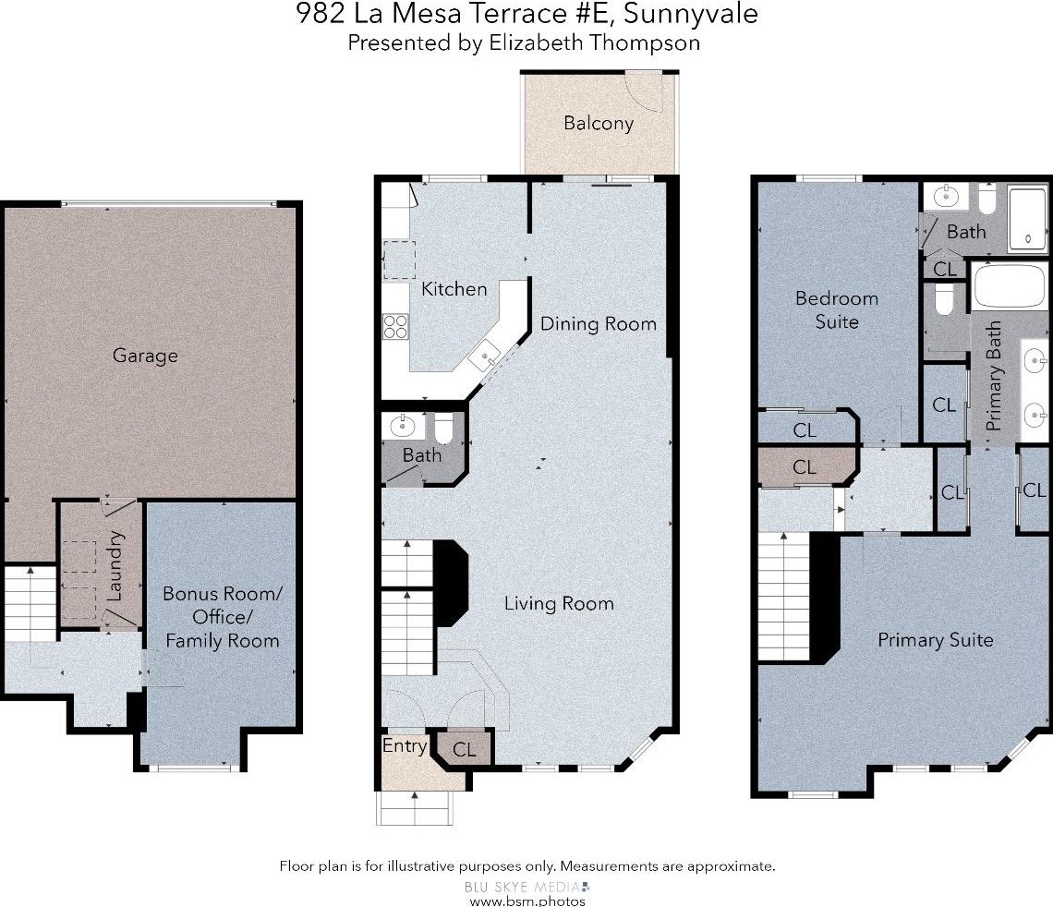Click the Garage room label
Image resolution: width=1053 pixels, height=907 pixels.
[145, 356]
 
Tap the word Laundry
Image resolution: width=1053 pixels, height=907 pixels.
[115, 566]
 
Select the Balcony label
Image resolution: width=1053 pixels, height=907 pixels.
[599, 124]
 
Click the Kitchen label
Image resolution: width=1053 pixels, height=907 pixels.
[454, 289]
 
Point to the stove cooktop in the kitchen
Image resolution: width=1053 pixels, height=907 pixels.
[395, 327]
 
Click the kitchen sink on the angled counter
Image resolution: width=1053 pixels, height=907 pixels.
[485, 356]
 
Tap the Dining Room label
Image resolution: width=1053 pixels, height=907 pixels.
[599, 323]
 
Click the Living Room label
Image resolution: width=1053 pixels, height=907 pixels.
[559, 603]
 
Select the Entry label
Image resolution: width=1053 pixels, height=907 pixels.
[405, 746]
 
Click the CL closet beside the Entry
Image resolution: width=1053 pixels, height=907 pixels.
[464, 749]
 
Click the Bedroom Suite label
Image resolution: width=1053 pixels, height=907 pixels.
[837, 309]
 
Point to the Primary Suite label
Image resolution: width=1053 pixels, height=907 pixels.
[936, 640]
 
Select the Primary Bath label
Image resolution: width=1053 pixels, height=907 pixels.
[993, 376]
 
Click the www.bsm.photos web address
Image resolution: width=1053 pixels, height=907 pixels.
[527, 901]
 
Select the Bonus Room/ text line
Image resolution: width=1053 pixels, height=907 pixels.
[223, 594]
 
